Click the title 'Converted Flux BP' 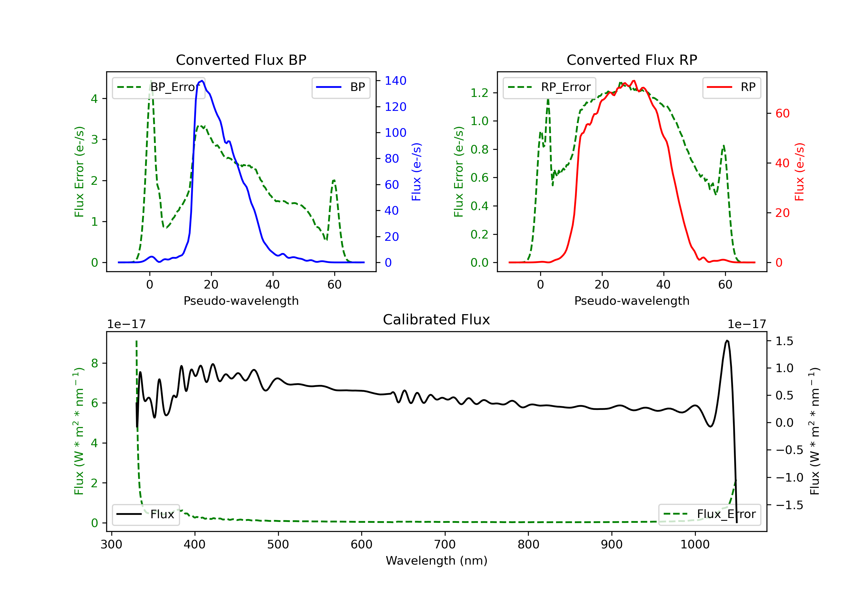tap(241, 60)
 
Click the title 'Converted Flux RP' tap(632, 60)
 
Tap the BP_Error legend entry tap(159, 87)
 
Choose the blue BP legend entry tap(341, 87)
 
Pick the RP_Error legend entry tap(549, 87)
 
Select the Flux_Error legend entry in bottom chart tap(709, 514)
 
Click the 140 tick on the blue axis tap(395, 81)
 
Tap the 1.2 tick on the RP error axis tap(479, 93)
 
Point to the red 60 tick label tap(782, 113)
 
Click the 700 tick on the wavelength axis tap(444, 545)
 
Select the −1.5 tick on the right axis tap(789, 505)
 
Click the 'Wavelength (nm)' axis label tap(437, 561)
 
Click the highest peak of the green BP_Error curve tap(151, 81)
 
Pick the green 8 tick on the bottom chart tap(95, 363)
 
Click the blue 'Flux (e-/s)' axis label tap(416, 172)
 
